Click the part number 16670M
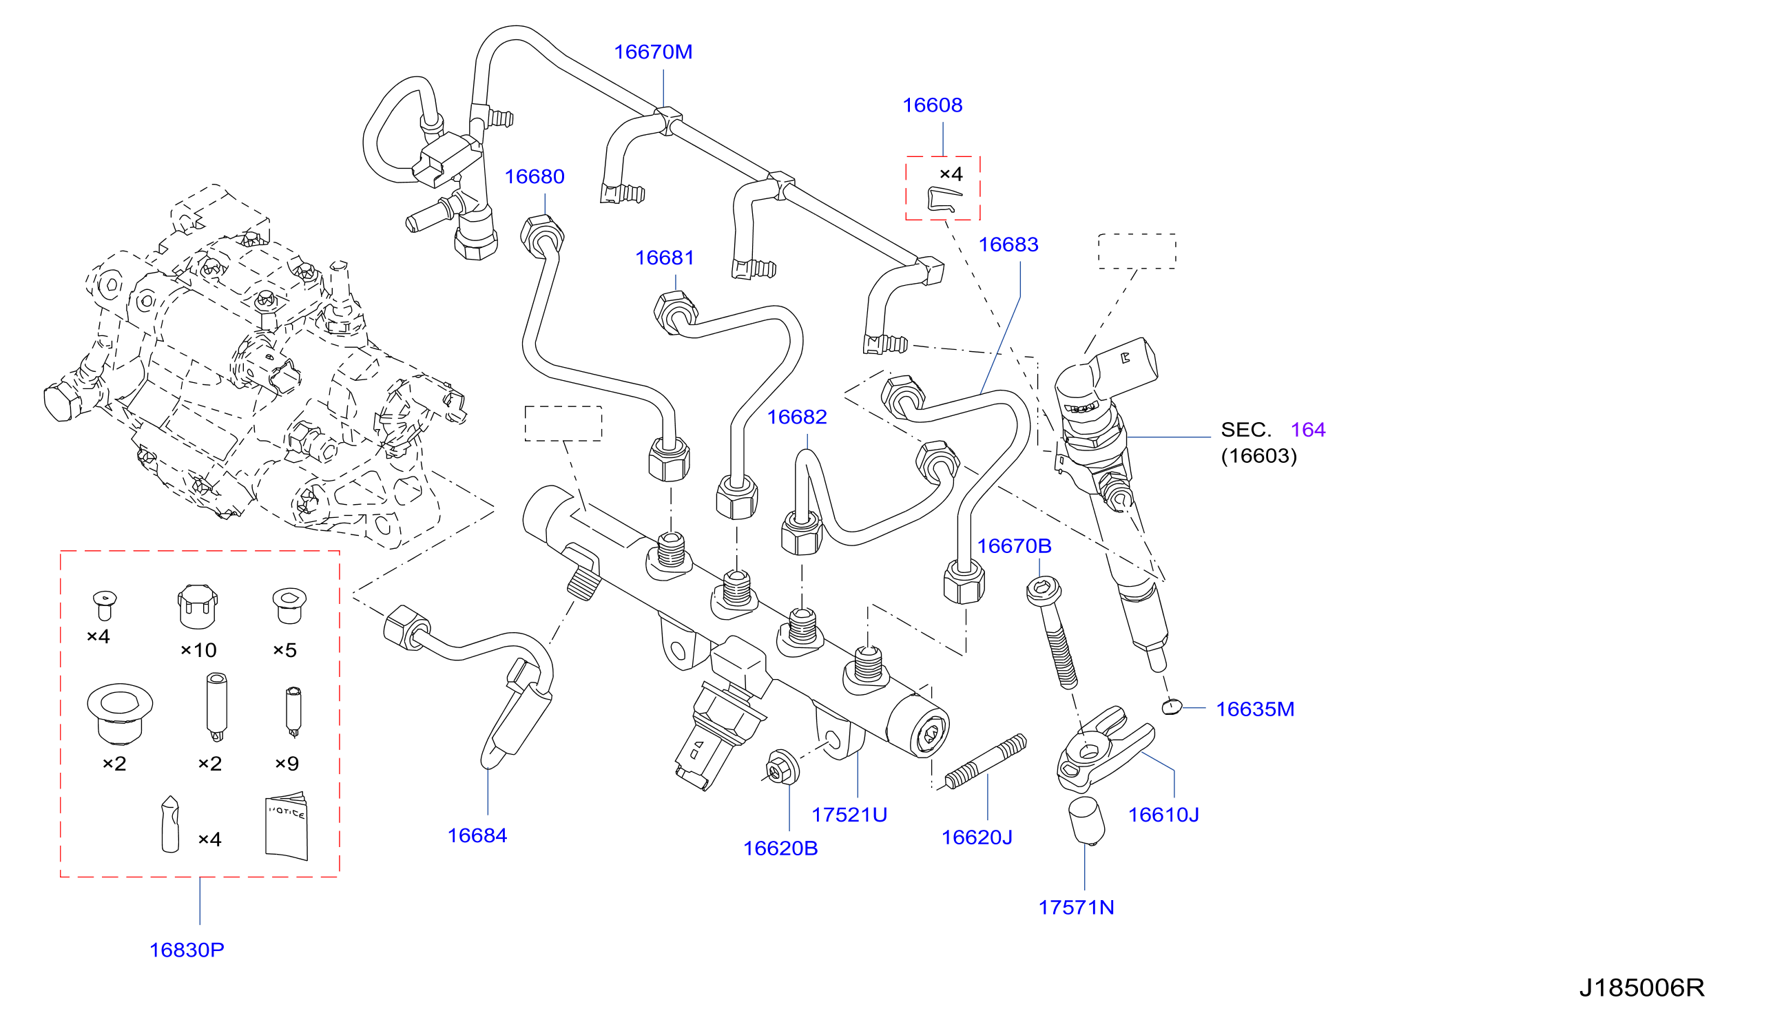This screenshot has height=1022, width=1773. (x=653, y=52)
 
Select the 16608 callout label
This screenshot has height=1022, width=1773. (x=932, y=105)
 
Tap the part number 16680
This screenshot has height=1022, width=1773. (x=534, y=177)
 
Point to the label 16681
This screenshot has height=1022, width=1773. (x=665, y=258)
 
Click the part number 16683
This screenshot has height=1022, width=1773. (x=1008, y=245)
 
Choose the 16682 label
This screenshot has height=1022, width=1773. (x=797, y=417)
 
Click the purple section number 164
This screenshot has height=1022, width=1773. (x=1307, y=430)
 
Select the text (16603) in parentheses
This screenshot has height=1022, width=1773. (x=1258, y=456)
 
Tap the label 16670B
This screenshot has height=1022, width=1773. (x=1014, y=546)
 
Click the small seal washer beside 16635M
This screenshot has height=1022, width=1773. (x=1172, y=707)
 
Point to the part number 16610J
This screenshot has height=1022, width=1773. (x=1163, y=815)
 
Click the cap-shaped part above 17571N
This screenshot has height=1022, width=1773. (x=1086, y=820)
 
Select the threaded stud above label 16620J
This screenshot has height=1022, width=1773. (x=986, y=762)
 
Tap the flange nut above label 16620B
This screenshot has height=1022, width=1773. (x=780, y=767)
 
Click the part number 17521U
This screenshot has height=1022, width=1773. (x=849, y=815)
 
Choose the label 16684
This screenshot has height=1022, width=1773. (x=477, y=836)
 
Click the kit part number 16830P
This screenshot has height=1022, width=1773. (x=187, y=950)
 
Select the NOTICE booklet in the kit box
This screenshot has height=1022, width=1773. (x=287, y=826)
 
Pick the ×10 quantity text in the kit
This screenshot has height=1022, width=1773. (x=198, y=651)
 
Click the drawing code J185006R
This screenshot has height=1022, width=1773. (x=1641, y=988)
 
